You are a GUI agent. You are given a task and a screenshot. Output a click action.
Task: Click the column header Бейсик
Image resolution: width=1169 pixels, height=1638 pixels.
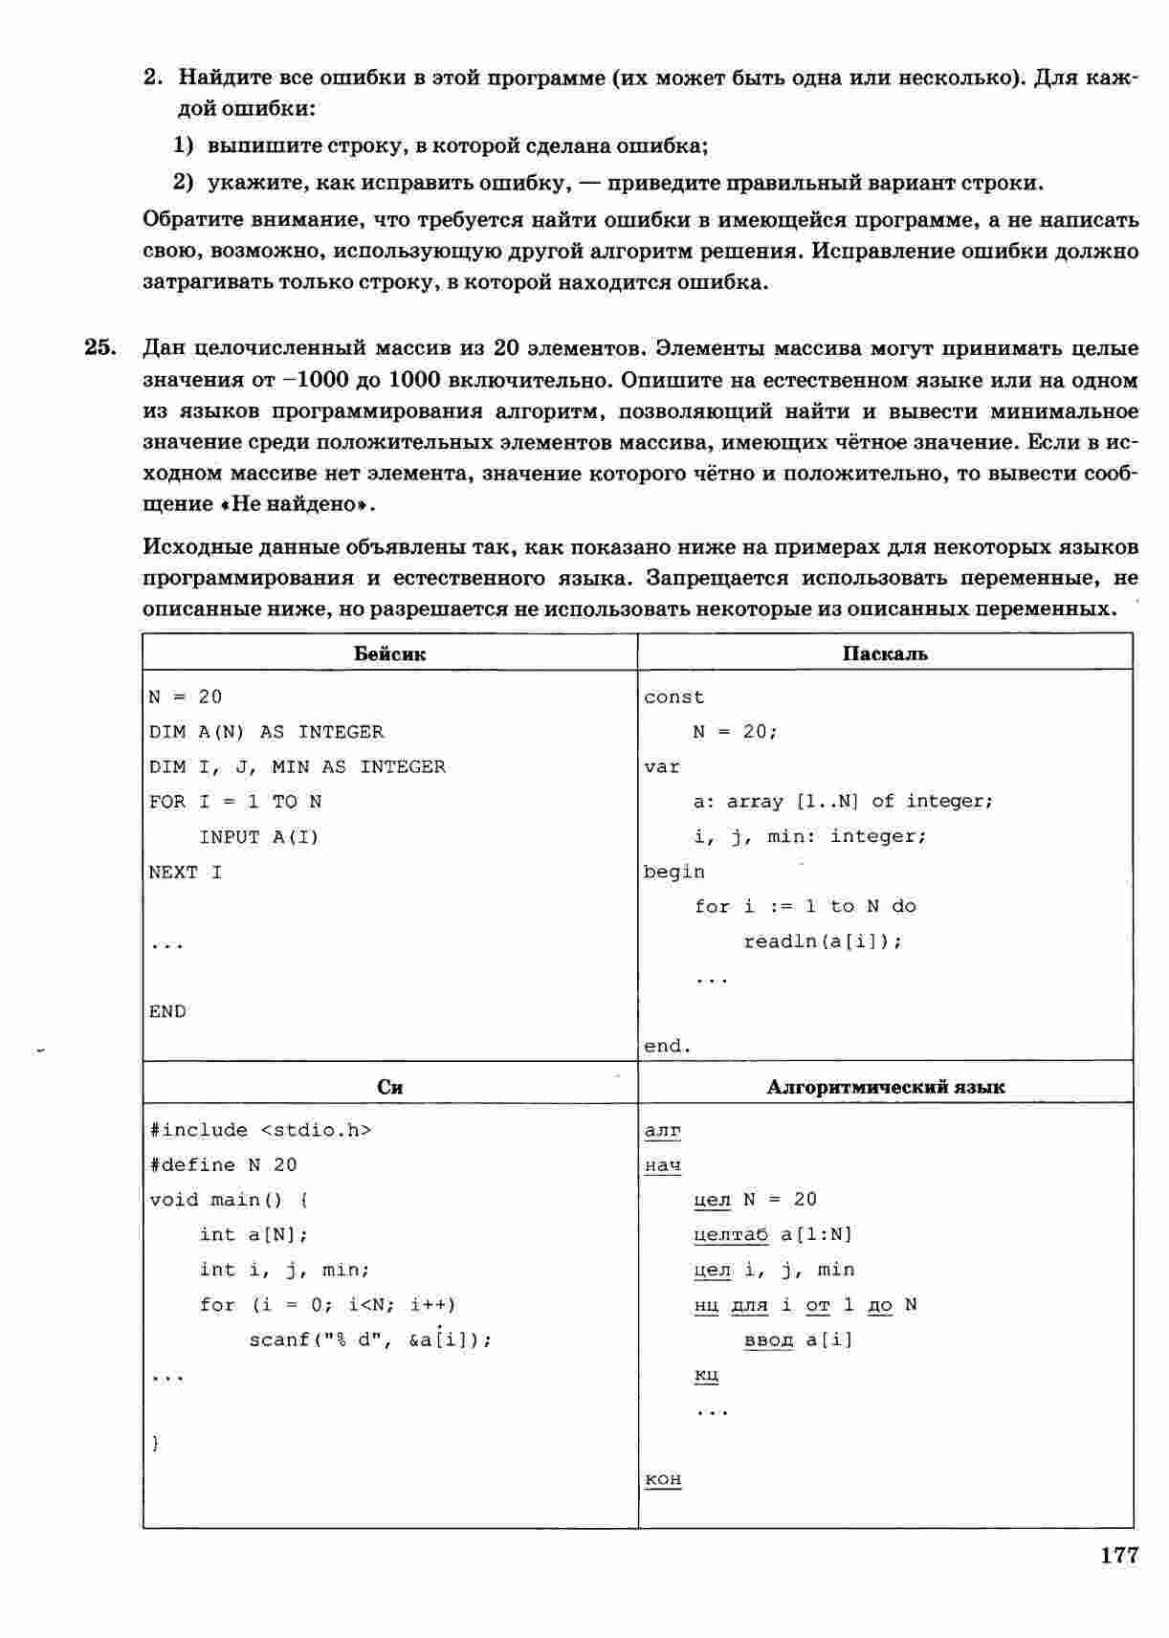pyautogui.click(x=389, y=654)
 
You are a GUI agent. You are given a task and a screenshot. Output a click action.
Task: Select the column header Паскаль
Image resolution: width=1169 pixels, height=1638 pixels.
pyautogui.click(x=885, y=654)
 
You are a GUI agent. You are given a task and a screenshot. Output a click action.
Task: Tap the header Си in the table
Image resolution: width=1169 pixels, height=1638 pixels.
pyautogui.click(x=389, y=1087)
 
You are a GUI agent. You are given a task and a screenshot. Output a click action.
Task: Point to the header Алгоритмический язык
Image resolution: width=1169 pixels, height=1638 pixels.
pyautogui.click(x=885, y=1087)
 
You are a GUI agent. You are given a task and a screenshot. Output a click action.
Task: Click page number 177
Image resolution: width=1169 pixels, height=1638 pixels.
pyautogui.click(x=1118, y=1555)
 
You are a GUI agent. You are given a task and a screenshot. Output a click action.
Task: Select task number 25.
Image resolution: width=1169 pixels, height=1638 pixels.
pyautogui.click(x=99, y=347)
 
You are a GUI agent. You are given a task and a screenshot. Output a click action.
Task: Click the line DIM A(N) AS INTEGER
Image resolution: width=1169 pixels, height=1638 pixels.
pyautogui.click(x=266, y=733)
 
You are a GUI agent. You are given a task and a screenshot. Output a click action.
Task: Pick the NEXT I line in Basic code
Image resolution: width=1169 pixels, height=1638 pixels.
pyautogui.click(x=185, y=873)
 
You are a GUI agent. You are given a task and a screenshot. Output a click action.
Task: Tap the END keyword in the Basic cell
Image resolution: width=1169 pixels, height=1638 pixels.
pyautogui.click(x=167, y=1012)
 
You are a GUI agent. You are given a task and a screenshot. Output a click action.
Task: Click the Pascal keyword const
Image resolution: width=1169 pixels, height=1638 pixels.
pyautogui.click(x=673, y=697)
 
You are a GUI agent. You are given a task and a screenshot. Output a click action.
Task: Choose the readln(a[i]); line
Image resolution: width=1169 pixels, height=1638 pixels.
pyautogui.click(x=823, y=941)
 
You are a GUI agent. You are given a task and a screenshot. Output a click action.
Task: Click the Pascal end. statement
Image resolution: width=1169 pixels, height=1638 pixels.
pyautogui.click(x=667, y=1047)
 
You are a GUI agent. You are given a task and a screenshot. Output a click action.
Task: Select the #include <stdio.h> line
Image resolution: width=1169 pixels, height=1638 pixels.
pyautogui.click(x=260, y=1131)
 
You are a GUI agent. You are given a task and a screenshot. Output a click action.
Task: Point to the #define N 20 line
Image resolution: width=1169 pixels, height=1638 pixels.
pyautogui.click(x=223, y=1165)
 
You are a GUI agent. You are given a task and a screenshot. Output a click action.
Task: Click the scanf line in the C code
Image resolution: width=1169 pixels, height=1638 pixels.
pyautogui.click(x=370, y=1340)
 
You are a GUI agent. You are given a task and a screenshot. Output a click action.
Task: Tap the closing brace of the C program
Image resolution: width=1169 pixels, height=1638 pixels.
pyautogui.click(x=156, y=1444)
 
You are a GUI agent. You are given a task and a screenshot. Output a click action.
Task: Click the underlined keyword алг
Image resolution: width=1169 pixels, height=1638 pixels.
pyautogui.click(x=662, y=1131)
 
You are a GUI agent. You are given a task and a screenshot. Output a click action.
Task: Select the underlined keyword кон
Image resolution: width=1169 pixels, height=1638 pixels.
pyautogui.click(x=663, y=1479)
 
